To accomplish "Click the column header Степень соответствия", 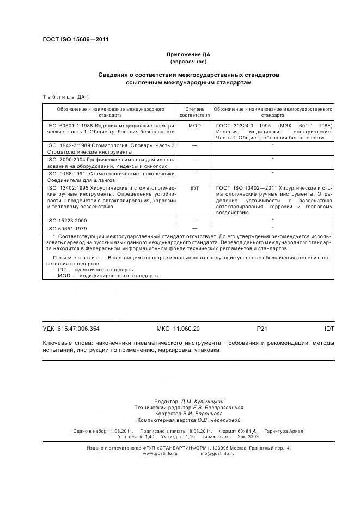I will [x=194, y=113].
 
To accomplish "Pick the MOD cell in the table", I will [x=194, y=126].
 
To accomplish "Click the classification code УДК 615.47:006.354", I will [x=71, y=329].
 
